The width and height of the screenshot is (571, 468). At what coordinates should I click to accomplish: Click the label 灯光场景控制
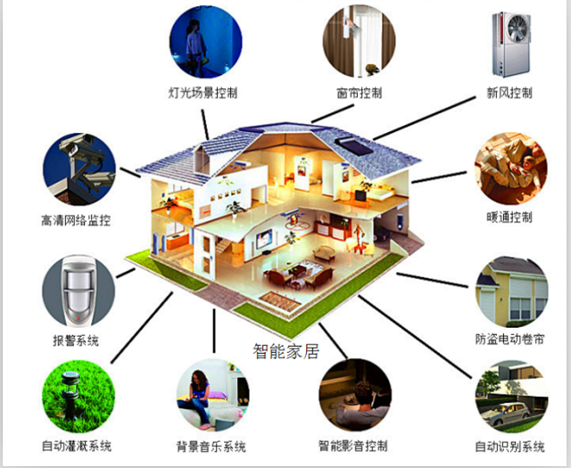[203, 93]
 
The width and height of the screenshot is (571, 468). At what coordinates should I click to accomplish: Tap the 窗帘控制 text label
[359, 93]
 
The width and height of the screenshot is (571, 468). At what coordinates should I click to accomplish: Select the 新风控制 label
[509, 93]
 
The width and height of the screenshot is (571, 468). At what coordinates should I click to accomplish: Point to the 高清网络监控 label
[75, 220]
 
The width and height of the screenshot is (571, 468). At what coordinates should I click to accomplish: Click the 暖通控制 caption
[509, 217]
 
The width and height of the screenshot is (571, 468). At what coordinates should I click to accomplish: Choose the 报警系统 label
[76, 341]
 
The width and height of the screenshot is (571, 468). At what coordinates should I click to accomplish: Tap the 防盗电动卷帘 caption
[509, 339]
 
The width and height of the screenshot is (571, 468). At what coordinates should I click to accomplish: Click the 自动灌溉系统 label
[77, 446]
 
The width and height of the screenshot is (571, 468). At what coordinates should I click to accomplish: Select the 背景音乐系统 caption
[211, 446]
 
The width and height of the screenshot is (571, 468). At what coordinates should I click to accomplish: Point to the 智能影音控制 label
[353, 446]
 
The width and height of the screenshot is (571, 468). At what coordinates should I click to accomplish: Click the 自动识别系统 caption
[509, 446]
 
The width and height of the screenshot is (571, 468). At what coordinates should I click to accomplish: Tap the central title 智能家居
[286, 351]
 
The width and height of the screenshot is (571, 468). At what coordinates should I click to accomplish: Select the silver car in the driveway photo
[506, 414]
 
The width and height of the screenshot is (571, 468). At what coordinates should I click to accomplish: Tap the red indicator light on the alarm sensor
[79, 319]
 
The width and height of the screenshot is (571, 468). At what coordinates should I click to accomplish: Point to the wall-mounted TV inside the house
[264, 239]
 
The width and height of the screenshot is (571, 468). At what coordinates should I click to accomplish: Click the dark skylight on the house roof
[353, 146]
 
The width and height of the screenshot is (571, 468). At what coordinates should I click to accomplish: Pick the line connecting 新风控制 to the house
[425, 119]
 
